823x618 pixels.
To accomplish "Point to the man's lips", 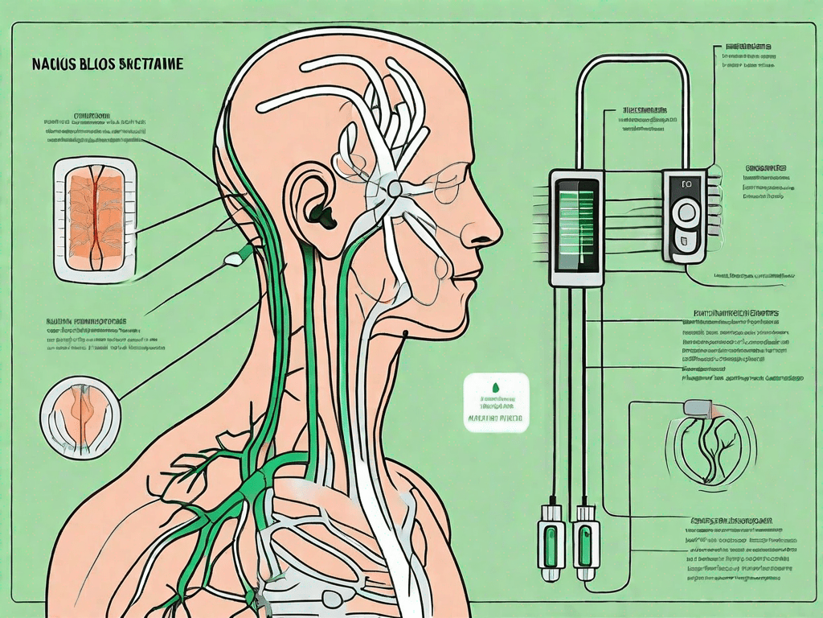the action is point(470,272).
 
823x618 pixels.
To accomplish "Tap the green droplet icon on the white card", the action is point(497,388).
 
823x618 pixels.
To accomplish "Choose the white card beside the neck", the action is point(497,402).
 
